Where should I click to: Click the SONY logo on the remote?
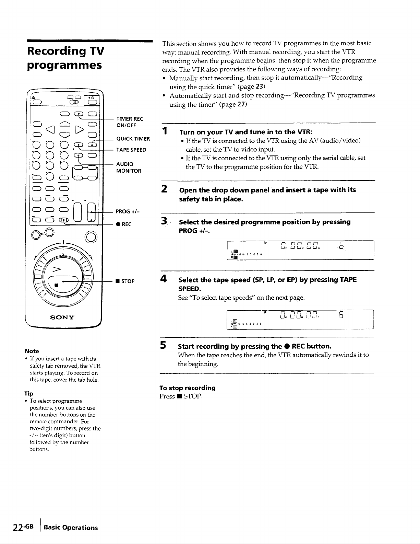tap(62, 317)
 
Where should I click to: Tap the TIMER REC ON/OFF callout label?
tap(130, 122)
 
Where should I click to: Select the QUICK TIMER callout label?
tap(133, 139)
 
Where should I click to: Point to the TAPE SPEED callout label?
tap(131, 150)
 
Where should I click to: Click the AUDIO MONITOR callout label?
tap(129, 167)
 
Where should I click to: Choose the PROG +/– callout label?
tap(128, 211)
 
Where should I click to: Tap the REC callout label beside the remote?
tap(124, 224)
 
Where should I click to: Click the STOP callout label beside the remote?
tap(125, 281)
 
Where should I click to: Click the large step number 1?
tap(165, 131)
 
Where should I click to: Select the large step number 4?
tap(164, 279)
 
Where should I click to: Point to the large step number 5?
tap(163, 346)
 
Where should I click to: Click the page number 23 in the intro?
tap(259, 86)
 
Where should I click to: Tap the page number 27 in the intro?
tap(241, 104)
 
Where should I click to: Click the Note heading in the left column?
tap(32, 351)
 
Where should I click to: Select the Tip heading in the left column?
tap(29, 393)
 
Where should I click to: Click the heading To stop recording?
tap(188, 388)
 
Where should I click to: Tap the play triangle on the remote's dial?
tap(57, 269)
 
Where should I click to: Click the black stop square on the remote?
tap(57, 285)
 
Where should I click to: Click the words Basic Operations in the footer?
tap(71, 528)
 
